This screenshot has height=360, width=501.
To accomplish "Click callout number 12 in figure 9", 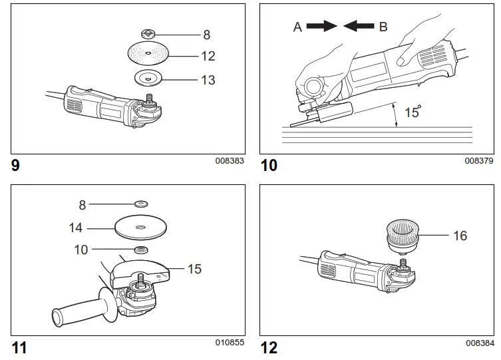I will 208,56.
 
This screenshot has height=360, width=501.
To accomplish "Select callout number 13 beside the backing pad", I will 208,80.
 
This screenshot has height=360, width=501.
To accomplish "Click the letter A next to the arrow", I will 298,27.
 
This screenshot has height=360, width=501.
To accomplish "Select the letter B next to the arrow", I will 383,27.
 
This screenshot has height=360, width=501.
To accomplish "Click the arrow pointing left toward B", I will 359,27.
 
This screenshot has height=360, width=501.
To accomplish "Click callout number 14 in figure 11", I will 76,228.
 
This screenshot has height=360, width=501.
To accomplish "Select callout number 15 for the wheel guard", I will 194,270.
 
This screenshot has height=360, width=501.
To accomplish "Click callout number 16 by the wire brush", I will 460,236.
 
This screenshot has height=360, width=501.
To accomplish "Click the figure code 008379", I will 480,160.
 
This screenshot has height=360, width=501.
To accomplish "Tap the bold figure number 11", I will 20,347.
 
